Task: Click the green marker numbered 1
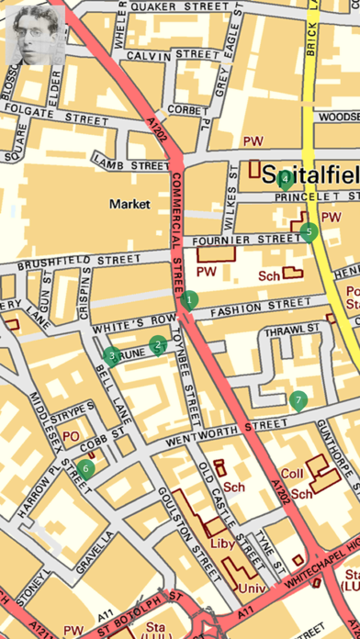click(190, 298)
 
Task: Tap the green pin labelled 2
click(158, 345)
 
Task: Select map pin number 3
click(112, 356)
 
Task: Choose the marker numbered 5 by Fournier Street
click(309, 231)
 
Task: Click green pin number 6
click(86, 468)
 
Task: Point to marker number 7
click(297, 400)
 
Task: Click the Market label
click(128, 203)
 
